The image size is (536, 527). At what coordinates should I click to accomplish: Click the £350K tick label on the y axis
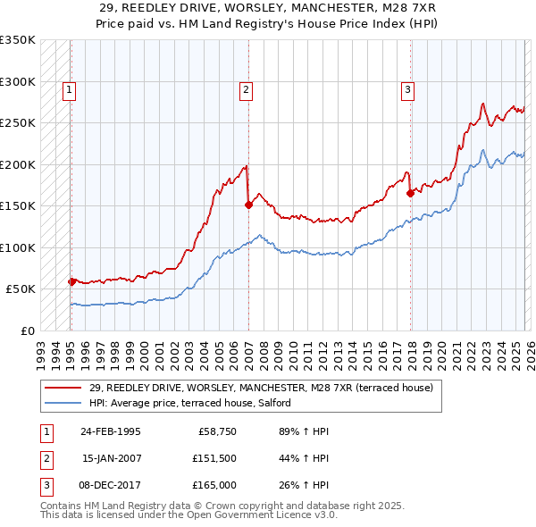(18, 40)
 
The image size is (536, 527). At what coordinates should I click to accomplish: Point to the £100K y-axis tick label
(18, 247)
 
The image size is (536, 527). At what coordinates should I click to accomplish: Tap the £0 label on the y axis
(27, 330)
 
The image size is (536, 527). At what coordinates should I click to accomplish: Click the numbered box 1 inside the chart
(69, 88)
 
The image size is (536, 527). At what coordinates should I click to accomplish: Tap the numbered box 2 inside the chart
(246, 88)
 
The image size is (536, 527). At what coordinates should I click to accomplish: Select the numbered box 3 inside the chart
(407, 88)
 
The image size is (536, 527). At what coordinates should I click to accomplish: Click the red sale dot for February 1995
(72, 281)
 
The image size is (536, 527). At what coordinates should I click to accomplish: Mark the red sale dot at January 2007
(248, 205)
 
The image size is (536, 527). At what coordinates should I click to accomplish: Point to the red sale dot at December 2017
(410, 193)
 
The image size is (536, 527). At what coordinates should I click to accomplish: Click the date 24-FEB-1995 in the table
(111, 431)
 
